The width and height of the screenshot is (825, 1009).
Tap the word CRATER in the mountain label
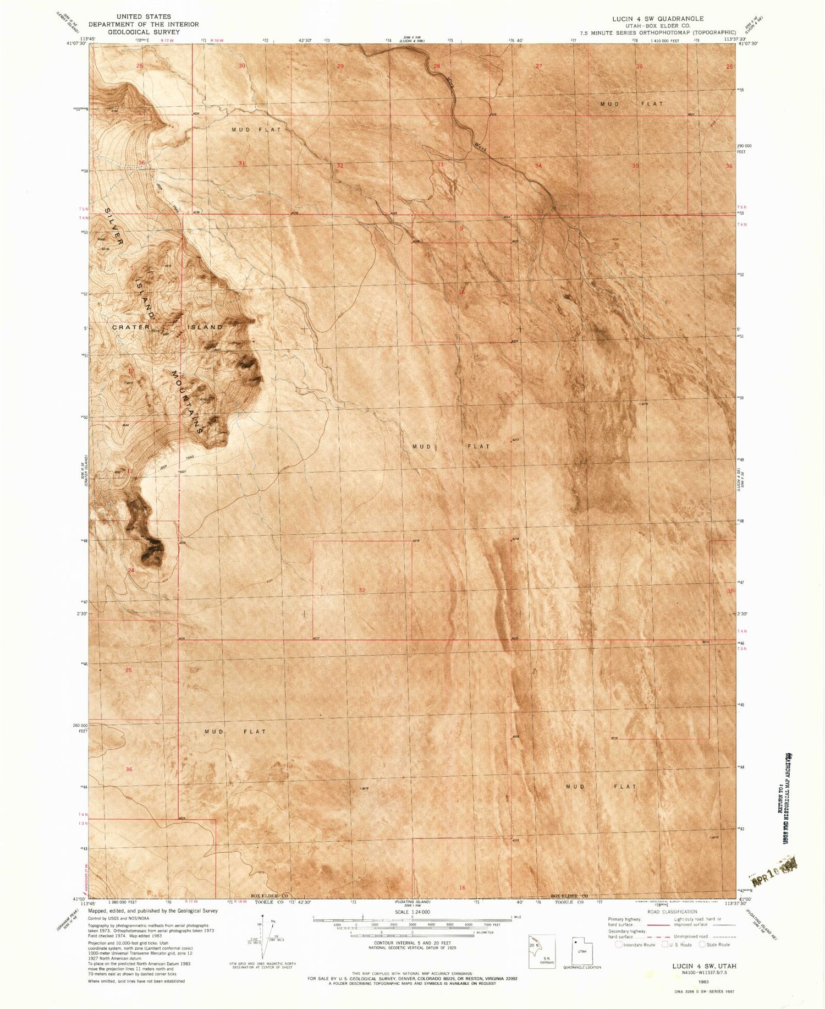click(x=131, y=327)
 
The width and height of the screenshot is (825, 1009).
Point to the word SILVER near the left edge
click(x=114, y=226)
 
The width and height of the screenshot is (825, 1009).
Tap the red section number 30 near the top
click(x=241, y=66)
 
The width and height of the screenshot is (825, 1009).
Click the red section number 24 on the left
click(x=131, y=571)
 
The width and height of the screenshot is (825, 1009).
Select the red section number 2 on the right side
click(x=659, y=689)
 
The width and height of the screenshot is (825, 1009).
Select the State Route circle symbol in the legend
click(x=702, y=945)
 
